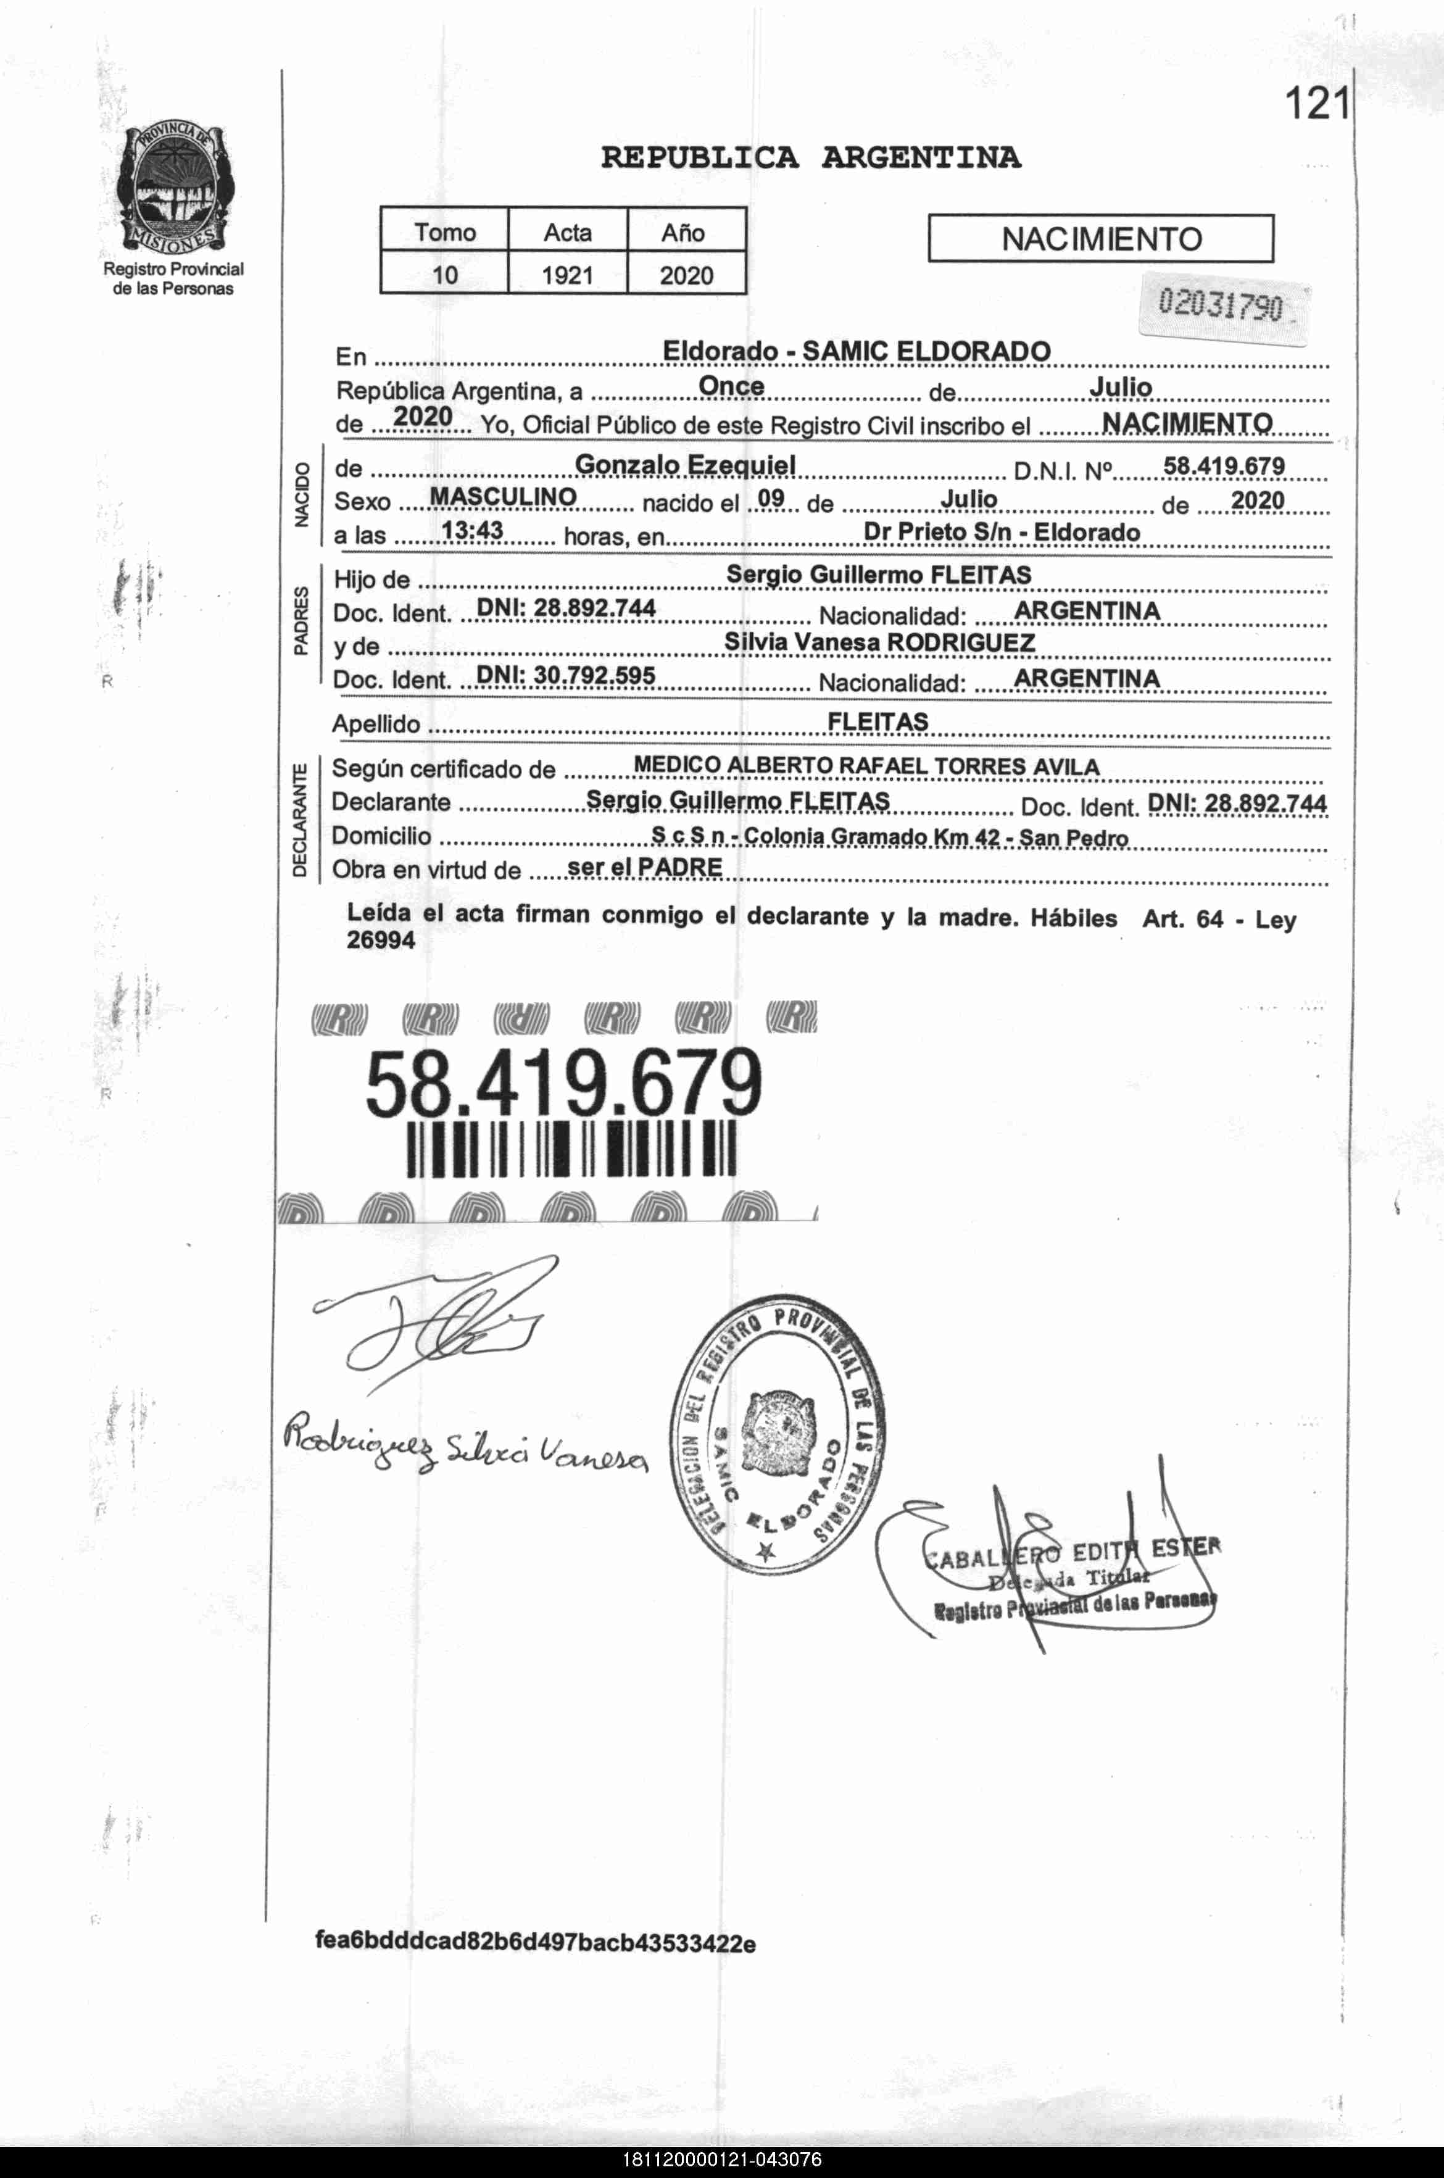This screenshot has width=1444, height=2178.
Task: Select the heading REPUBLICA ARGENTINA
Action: coord(810,157)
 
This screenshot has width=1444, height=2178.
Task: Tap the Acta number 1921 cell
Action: coord(566,275)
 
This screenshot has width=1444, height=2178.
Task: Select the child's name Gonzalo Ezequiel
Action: coord(685,464)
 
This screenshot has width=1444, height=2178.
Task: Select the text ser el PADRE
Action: coord(645,867)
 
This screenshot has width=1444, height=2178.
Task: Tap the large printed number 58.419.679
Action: coord(563,1084)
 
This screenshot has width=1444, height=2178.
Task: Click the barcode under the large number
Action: coord(571,1149)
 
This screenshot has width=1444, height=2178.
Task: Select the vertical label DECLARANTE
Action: coord(299,820)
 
